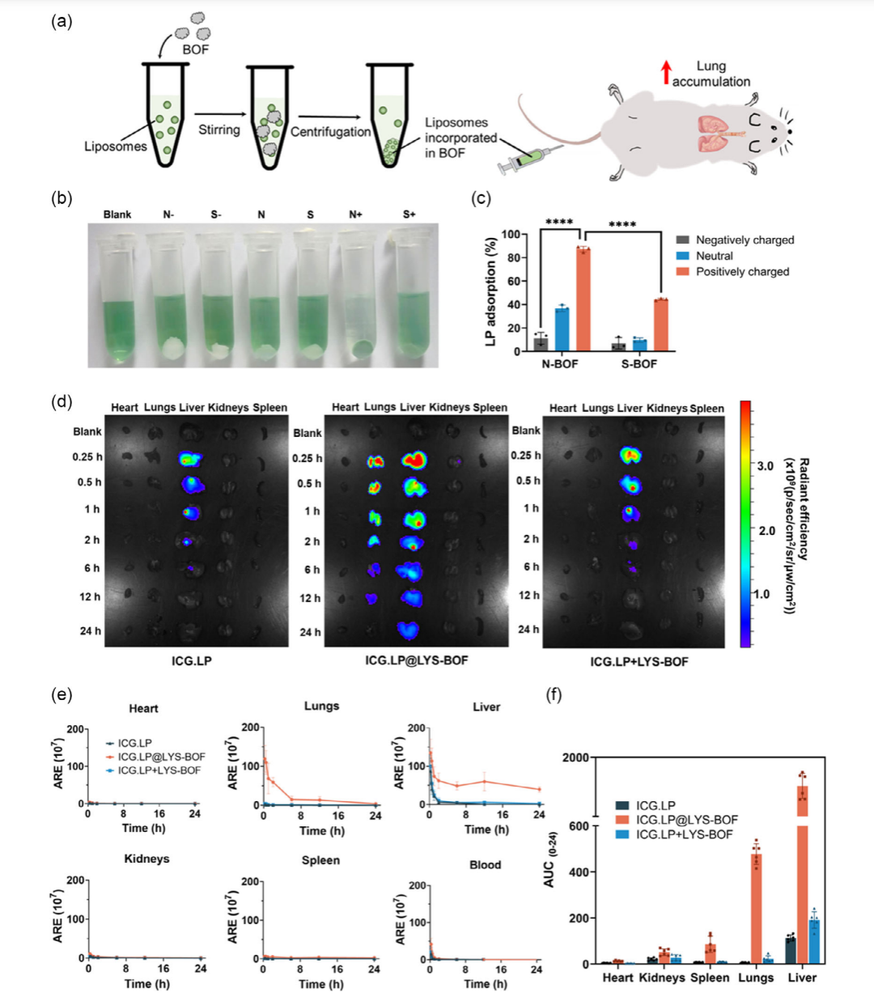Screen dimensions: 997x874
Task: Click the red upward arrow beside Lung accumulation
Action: click(666, 72)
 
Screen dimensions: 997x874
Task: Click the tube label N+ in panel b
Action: click(355, 214)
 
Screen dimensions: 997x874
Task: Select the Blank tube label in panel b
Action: click(117, 214)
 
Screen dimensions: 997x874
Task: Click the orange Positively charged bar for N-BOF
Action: click(583, 299)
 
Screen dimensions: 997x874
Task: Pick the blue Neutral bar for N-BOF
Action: click(562, 328)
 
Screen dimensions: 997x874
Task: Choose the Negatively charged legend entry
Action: click(745, 240)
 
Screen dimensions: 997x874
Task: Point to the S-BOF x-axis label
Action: click(639, 364)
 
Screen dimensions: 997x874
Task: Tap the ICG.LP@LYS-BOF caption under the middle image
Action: click(416, 660)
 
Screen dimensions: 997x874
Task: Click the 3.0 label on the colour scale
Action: click(765, 466)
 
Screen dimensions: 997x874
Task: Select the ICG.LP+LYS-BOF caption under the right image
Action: click(639, 662)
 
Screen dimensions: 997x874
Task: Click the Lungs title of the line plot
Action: click(321, 706)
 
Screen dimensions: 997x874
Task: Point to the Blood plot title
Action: click(486, 865)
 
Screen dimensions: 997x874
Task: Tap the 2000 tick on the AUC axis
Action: click(575, 758)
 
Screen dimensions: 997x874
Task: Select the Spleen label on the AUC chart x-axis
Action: click(710, 978)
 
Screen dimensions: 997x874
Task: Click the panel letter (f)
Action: click(554, 695)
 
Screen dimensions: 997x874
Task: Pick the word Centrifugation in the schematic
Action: click(330, 132)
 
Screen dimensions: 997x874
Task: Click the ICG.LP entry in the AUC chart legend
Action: click(655, 806)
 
